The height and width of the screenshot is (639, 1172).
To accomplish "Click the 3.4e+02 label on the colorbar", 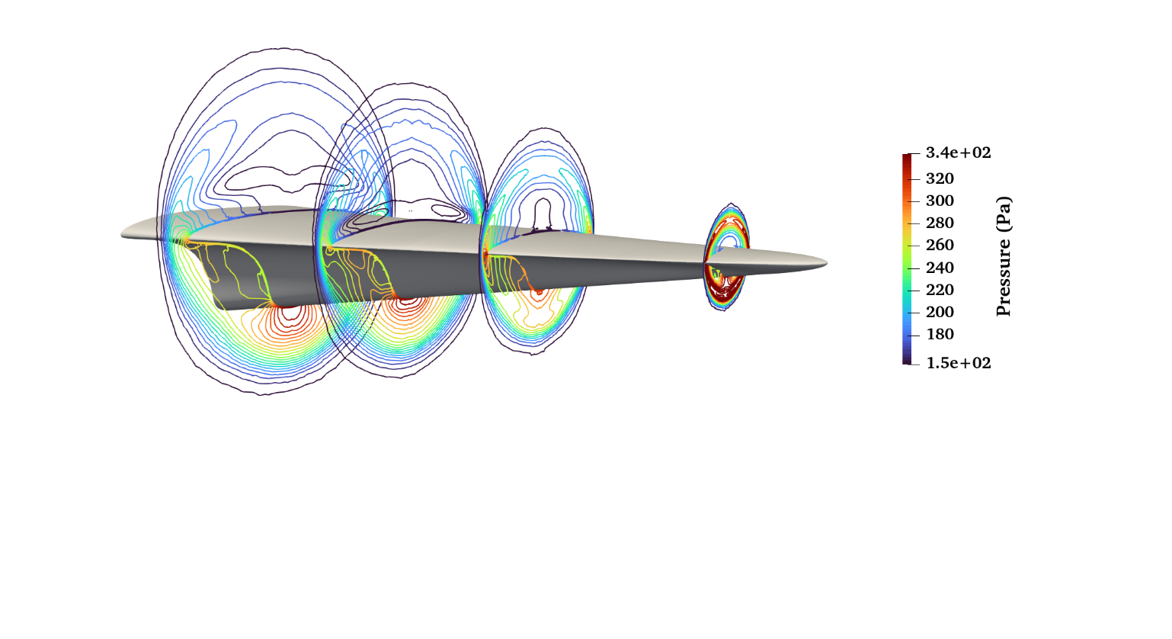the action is pyautogui.click(x=958, y=153).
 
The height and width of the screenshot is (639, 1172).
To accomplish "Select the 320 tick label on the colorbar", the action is pyautogui.click(x=940, y=178).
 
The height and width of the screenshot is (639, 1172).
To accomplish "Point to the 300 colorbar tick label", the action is pyautogui.click(x=940, y=201).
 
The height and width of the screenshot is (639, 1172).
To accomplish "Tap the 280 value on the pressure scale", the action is pyautogui.click(x=940, y=223).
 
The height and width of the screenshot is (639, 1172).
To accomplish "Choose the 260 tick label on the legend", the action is pyautogui.click(x=940, y=245).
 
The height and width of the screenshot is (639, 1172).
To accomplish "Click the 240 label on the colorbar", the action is pyautogui.click(x=940, y=268).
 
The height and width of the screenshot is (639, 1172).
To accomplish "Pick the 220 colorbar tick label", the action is pyautogui.click(x=940, y=290).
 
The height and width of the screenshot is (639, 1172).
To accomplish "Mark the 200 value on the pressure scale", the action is pyautogui.click(x=940, y=312).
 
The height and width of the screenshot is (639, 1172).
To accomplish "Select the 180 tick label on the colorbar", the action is pyautogui.click(x=940, y=334).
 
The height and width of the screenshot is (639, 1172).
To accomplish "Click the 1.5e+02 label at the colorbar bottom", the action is pyautogui.click(x=959, y=363).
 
